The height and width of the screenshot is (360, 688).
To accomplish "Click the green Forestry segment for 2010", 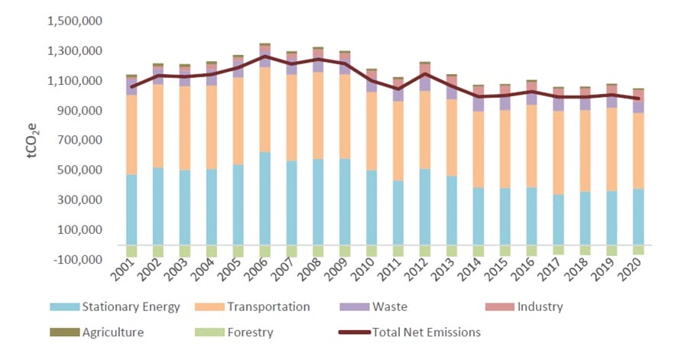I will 372,251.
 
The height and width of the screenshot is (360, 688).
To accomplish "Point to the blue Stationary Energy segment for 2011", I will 398,213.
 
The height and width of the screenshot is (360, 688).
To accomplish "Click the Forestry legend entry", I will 246,332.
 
